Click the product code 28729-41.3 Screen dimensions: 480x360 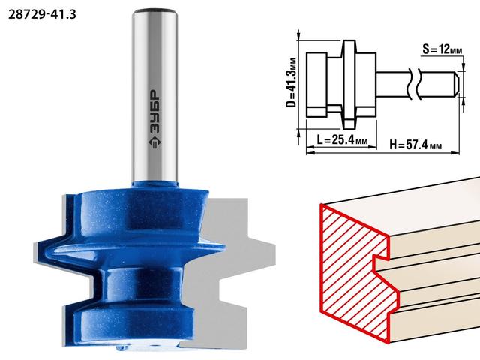pyautogui.click(x=42, y=14)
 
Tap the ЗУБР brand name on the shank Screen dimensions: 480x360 pyautogui.click(x=154, y=112)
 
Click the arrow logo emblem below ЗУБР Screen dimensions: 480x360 pyautogui.click(x=154, y=142)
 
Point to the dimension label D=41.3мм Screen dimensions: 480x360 pyautogui.click(x=292, y=82)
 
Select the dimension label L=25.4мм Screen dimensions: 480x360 pyautogui.click(x=342, y=140)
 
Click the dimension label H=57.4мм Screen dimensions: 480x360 pyautogui.click(x=415, y=145)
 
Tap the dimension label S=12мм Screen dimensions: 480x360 pyautogui.click(x=442, y=49)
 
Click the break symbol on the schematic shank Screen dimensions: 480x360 pyautogui.click(x=415, y=84)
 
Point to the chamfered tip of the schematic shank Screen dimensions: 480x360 pyautogui.click(x=456, y=84)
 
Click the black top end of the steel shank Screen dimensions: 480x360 pyautogui.click(x=154, y=11)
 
